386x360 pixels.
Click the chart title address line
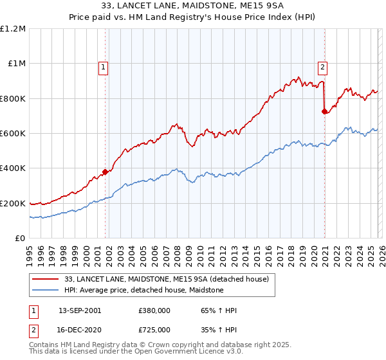click(192, 6)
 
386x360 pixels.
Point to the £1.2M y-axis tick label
click(13, 29)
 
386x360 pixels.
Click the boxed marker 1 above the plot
click(104, 66)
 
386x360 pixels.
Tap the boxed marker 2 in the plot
click(322, 66)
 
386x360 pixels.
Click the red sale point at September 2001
click(106, 172)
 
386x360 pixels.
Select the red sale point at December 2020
click(325, 112)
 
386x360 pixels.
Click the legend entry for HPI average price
click(143, 290)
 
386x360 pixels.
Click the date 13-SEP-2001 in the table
click(80, 310)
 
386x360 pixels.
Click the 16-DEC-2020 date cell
click(80, 328)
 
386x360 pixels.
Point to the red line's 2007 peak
click(174, 124)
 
